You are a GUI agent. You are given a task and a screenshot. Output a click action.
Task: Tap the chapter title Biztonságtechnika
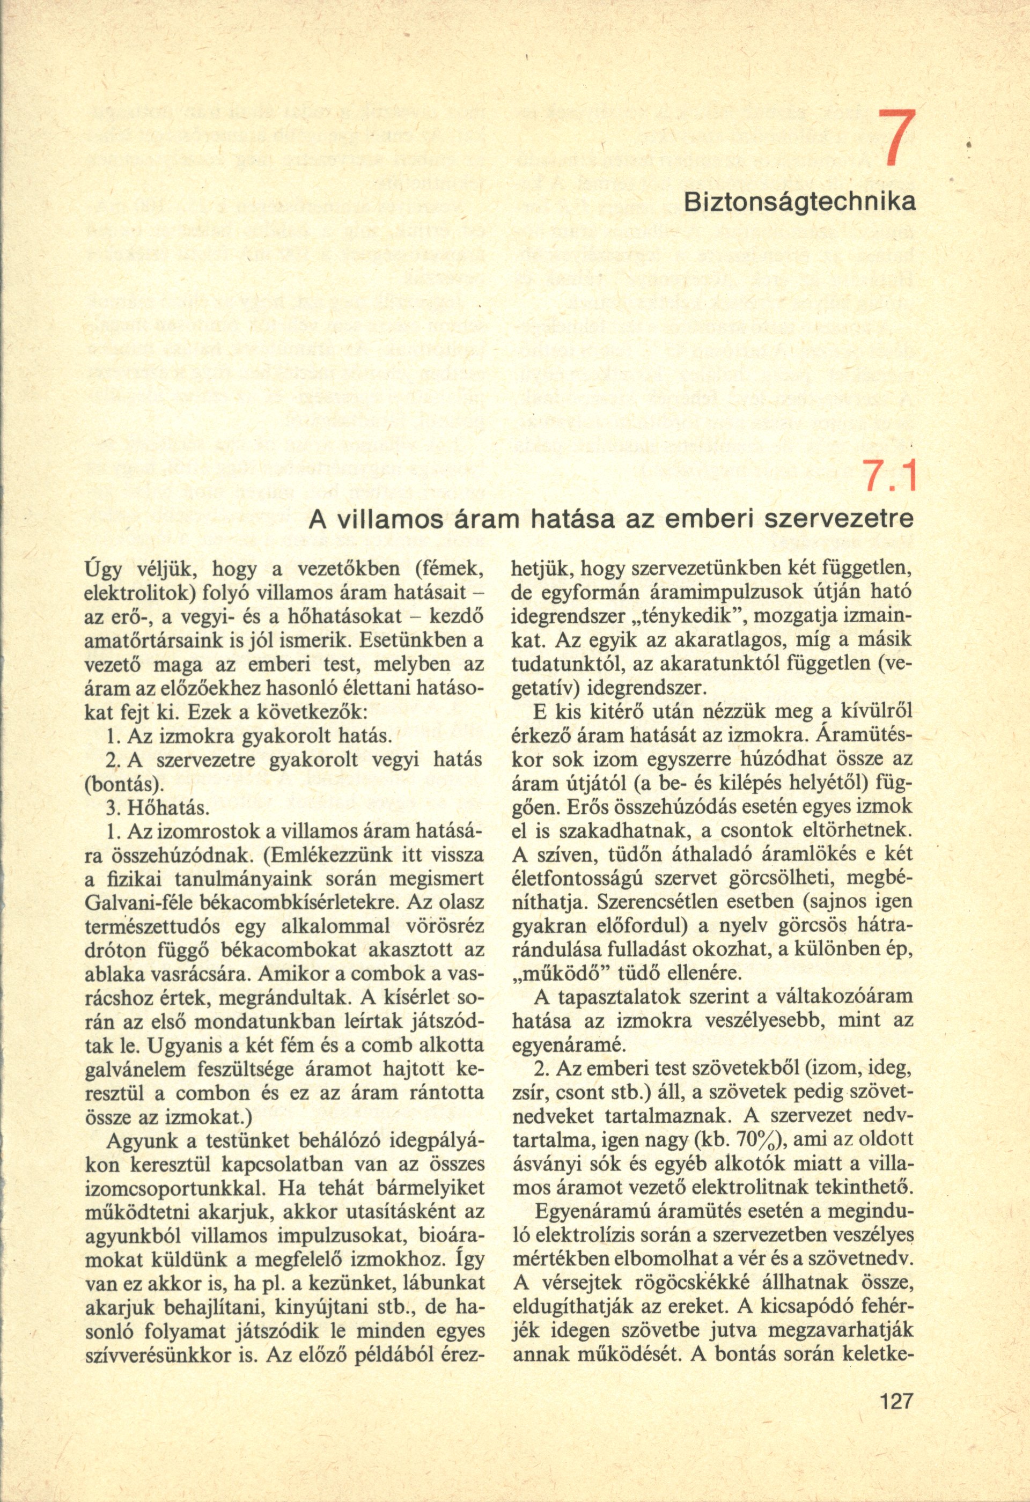click(x=799, y=202)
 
